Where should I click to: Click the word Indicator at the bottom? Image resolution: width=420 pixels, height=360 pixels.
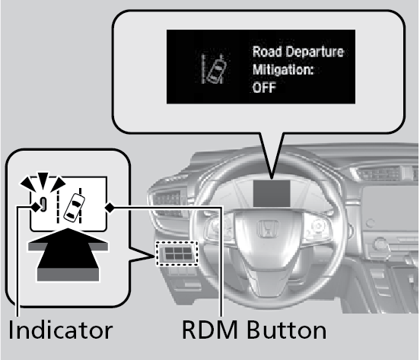coord(61,330)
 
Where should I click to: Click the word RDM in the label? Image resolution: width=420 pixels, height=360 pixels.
coord(210,330)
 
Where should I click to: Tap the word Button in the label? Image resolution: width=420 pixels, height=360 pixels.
coord(286,330)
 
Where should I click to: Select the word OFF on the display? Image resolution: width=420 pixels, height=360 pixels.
coord(264,88)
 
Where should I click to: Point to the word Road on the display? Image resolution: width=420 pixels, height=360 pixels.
coord(267,52)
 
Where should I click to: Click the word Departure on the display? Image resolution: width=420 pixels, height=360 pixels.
coord(314,53)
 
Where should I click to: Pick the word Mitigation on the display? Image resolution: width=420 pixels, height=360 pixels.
coord(282,70)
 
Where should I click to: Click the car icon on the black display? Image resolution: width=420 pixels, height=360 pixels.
coord(215,68)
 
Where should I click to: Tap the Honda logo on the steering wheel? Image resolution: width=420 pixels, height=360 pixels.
coord(268,228)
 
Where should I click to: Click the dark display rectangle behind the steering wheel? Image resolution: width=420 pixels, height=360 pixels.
coord(272,193)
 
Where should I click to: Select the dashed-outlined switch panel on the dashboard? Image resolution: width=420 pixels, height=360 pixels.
coord(177,253)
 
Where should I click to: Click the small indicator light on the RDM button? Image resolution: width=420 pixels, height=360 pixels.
coord(43,204)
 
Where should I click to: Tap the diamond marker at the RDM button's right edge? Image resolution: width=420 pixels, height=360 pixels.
coord(110,207)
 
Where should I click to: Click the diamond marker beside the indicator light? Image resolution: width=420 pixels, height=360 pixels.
coord(36,207)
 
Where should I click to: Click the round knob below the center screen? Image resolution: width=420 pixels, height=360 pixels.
coord(380,244)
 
